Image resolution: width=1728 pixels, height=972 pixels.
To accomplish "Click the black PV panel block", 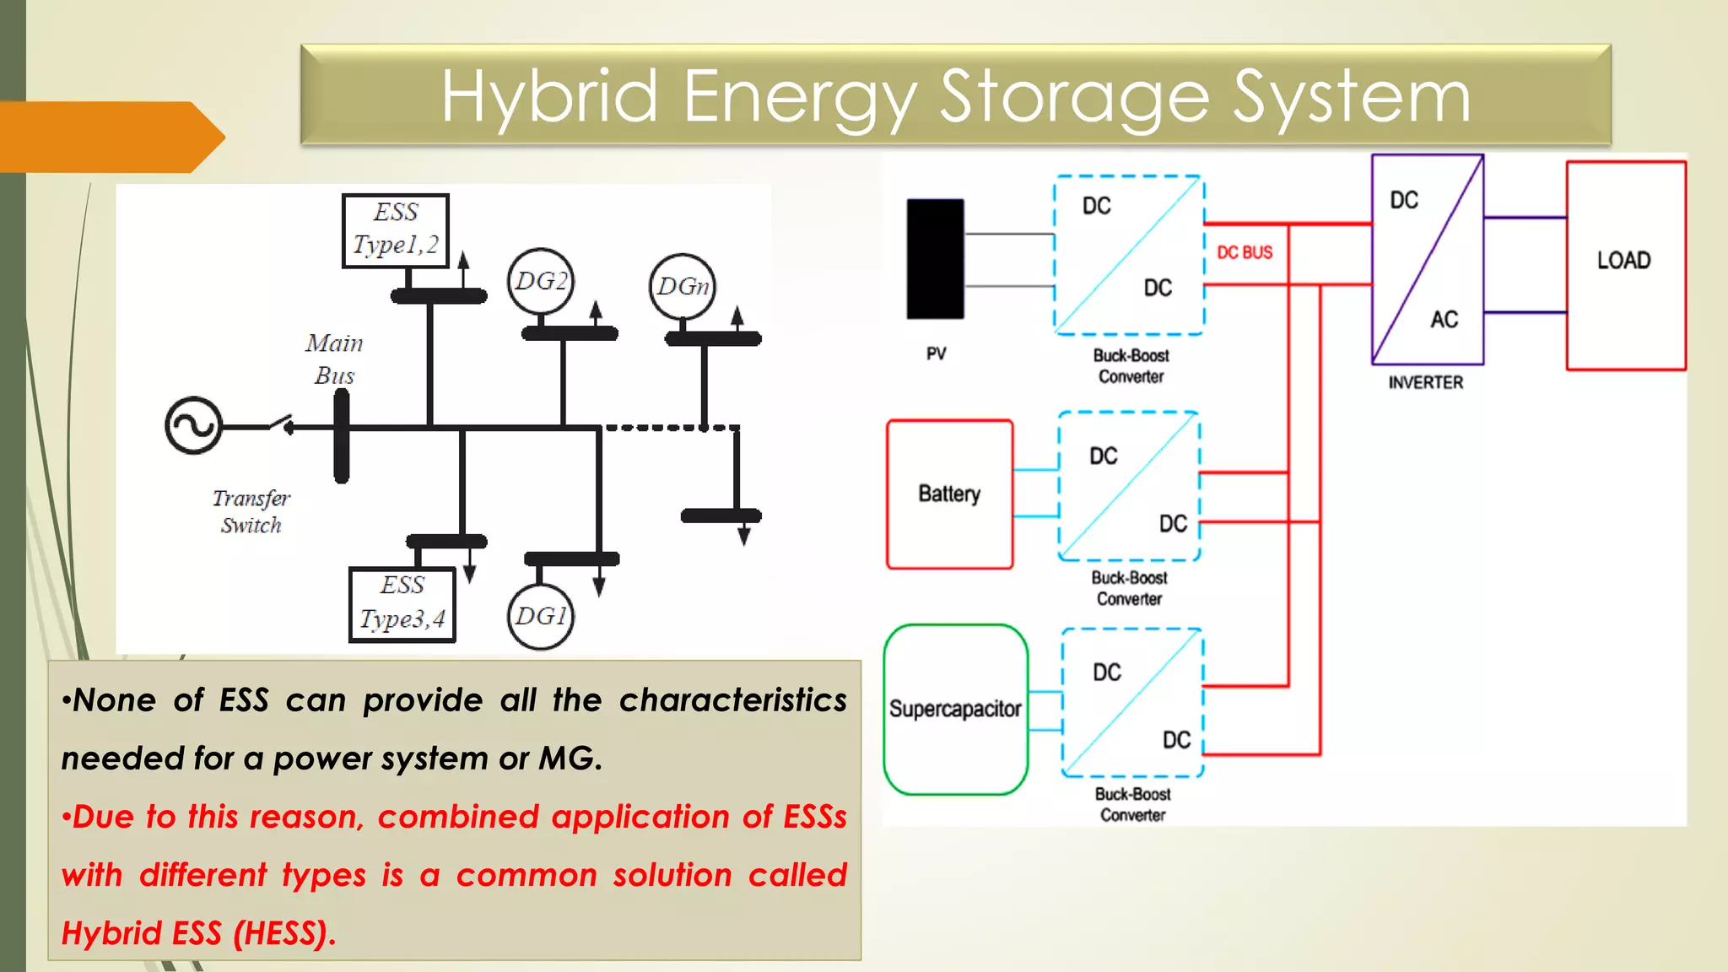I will click(935, 259).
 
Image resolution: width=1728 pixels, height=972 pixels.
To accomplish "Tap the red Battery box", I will click(949, 494).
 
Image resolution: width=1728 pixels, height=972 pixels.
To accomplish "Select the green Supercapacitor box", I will click(955, 709).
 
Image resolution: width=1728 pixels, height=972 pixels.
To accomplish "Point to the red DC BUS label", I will click(1245, 252).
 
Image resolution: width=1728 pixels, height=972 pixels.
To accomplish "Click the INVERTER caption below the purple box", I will click(1425, 382).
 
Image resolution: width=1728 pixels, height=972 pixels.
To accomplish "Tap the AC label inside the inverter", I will click(1444, 319).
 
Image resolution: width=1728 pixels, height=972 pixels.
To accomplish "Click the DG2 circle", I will click(541, 281).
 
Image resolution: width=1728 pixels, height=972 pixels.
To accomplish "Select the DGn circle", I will click(683, 287).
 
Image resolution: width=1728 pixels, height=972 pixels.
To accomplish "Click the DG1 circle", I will click(541, 617).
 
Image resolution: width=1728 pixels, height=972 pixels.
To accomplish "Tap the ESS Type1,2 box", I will click(396, 229).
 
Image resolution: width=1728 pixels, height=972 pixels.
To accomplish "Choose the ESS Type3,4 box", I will click(402, 603).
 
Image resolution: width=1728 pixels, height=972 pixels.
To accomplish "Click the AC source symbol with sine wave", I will click(193, 425).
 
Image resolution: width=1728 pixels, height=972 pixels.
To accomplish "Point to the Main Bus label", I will click(334, 359).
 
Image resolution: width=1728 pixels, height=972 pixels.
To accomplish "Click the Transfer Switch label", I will click(251, 511).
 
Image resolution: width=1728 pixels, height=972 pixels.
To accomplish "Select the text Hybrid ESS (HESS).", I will click(199, 933).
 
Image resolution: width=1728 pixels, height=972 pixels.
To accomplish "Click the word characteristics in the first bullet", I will click(732, 700).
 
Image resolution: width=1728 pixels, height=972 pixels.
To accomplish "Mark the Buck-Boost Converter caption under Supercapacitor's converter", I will click(1132, 804).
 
